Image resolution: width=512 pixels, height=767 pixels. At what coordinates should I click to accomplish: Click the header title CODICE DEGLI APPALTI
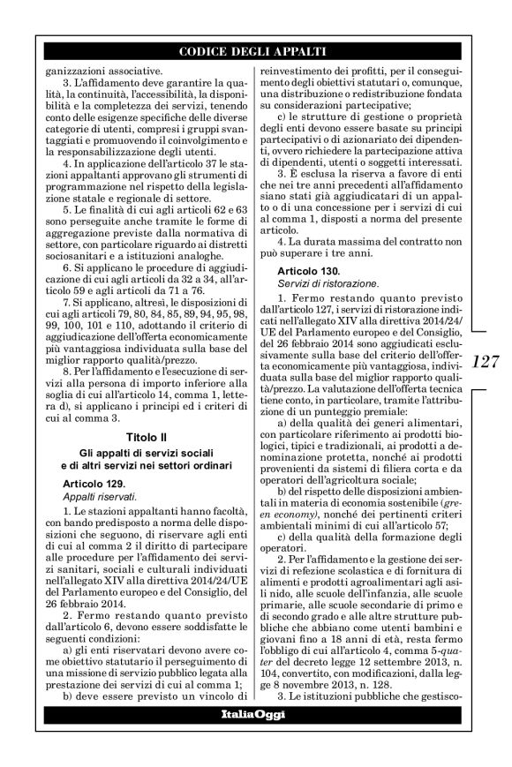coord(255,52)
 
